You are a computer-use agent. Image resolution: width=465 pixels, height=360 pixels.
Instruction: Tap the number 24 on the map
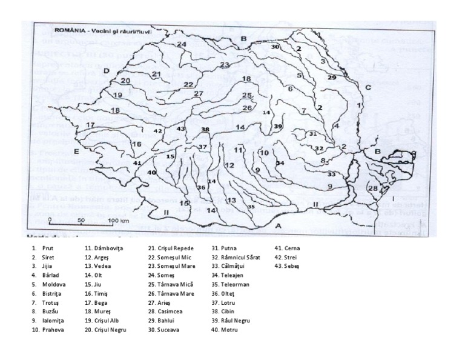(x=182, y=45)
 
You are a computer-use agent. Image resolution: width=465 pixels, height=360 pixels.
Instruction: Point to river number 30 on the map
(x=275, y=47)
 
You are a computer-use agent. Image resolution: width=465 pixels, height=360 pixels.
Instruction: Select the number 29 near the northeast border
(x=331, y=78)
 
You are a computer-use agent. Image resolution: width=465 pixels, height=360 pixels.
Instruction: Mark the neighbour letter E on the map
(x=76, y=151)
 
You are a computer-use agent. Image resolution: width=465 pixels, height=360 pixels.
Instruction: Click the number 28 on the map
(x=372, y=188)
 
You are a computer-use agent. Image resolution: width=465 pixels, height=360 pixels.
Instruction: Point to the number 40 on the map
(x=151, y=173)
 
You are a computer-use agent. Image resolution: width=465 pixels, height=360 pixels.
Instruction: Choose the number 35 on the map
(x=251, y=207)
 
